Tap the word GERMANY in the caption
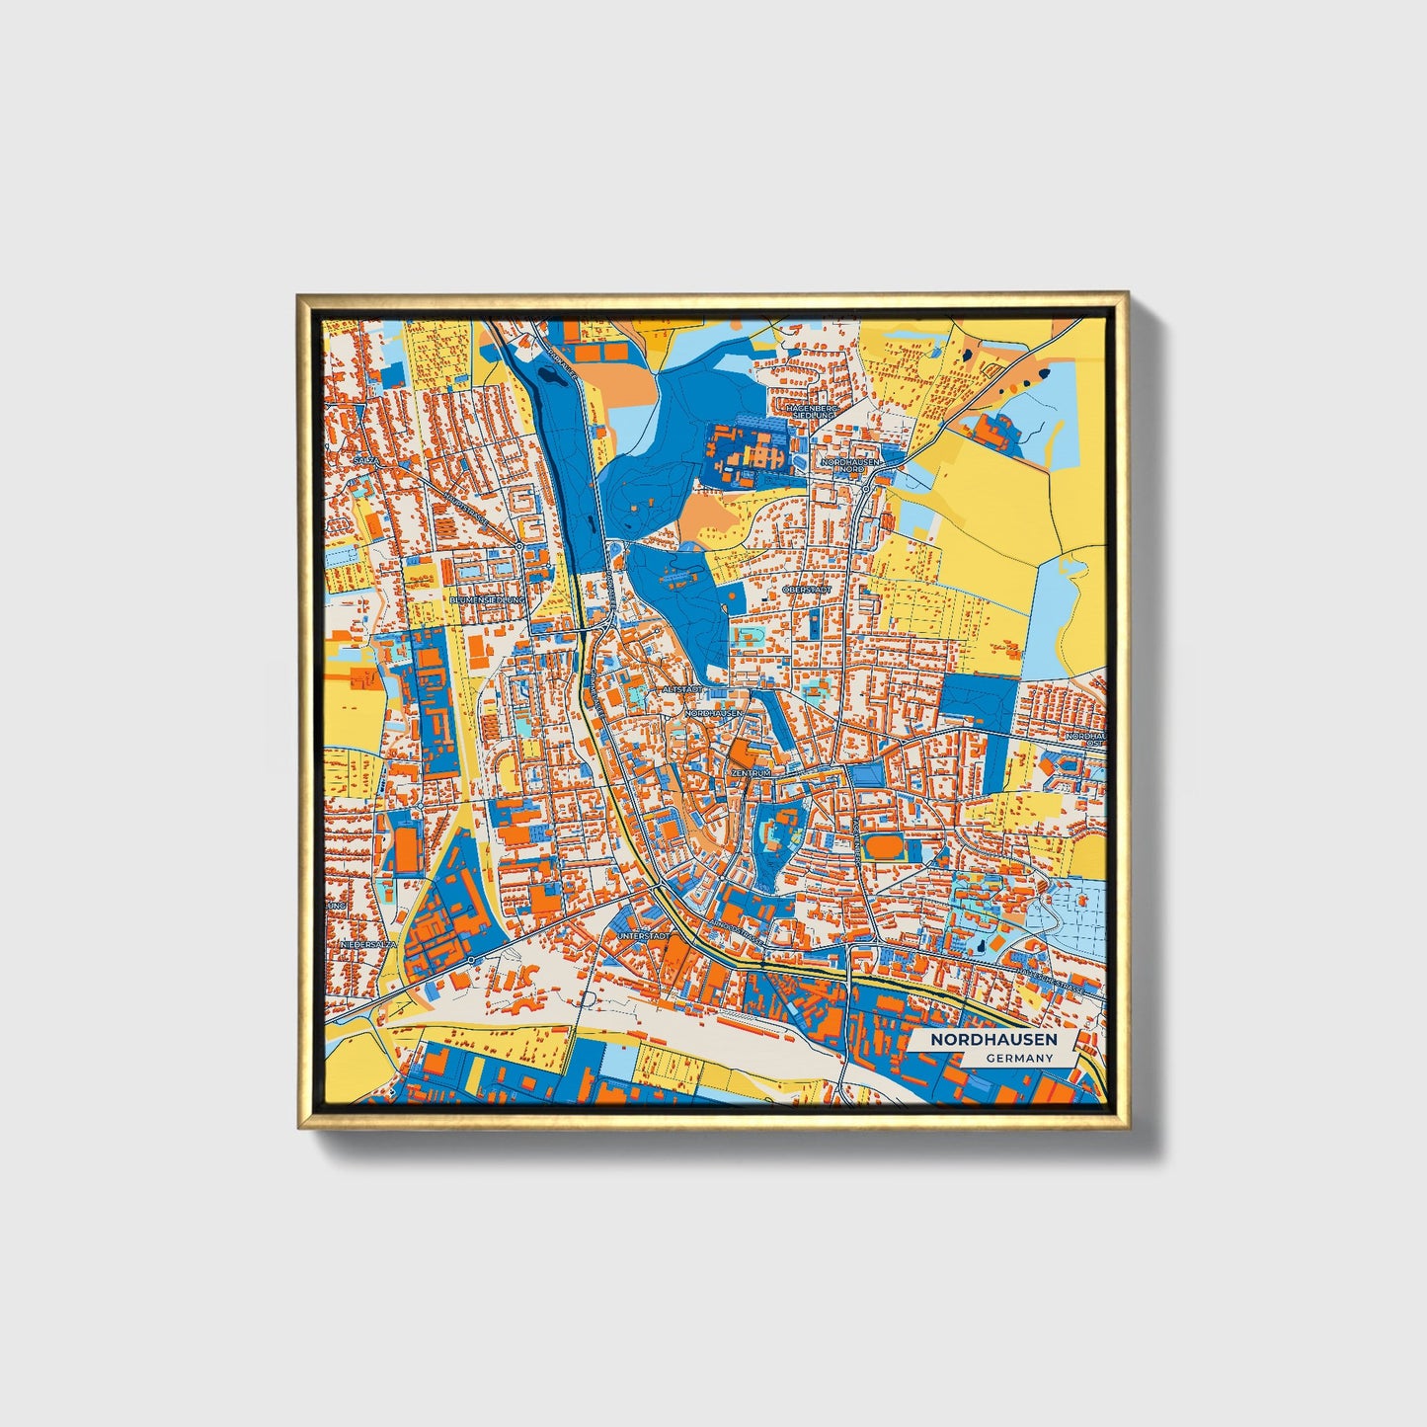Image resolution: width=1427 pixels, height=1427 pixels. (1019, 1058)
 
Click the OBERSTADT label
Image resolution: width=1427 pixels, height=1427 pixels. (807, 590)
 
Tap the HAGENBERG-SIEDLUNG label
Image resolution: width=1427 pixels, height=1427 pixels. (811, 411)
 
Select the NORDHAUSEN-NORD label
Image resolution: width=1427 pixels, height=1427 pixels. (849, 465)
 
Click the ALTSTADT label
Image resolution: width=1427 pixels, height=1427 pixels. (682, 688)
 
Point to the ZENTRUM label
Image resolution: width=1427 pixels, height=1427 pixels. (751, 772)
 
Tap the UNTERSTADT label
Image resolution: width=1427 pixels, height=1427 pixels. (643, 934)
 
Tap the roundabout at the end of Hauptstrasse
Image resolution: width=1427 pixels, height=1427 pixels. (519, 545)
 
